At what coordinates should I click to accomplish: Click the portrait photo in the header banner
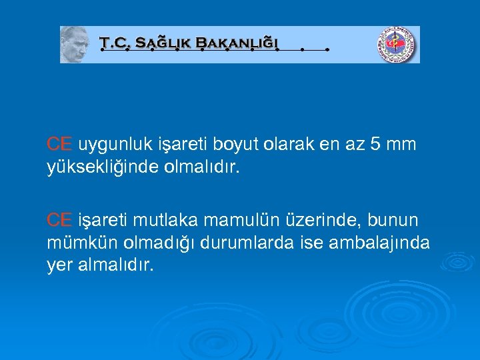[x=75, y=45]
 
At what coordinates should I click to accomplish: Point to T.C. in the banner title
[x=114, y=43]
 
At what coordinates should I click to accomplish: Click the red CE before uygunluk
[x=59, y=144]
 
